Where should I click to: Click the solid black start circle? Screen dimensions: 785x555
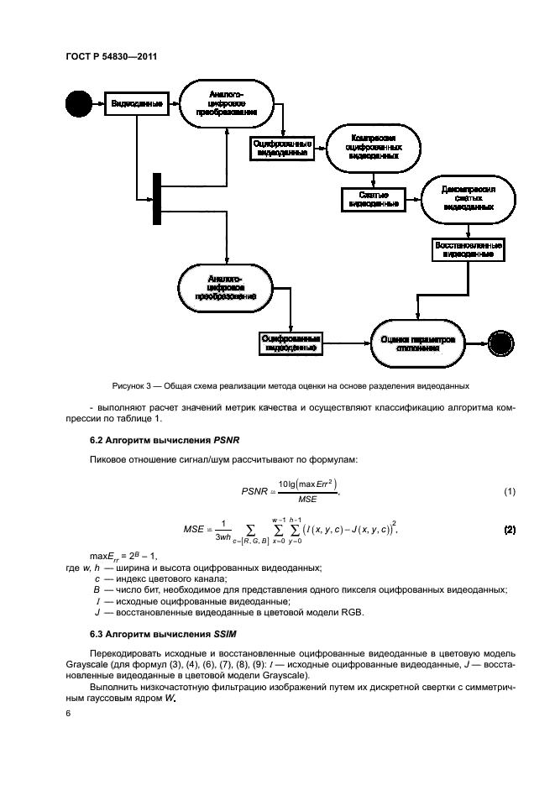tap(76, 104)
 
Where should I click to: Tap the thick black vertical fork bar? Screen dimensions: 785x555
tap(157, 198)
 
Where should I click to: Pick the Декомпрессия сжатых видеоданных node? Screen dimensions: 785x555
tap(463, 199)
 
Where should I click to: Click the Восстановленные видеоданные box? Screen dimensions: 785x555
tap(467, 249)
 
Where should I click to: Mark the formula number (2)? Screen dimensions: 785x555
tap(509, 531)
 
